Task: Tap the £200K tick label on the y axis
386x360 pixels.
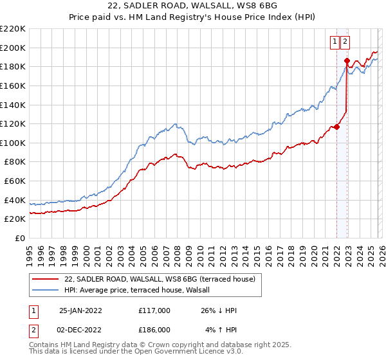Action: tap(13, 48)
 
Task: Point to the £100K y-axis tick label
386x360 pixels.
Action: tap(13, 143)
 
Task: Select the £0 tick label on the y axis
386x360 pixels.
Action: tap(19, 238)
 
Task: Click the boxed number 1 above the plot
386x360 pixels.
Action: tap(335, 42)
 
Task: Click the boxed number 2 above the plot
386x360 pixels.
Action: tap(345, 42)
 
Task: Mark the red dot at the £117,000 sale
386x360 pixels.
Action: tap(336, 127)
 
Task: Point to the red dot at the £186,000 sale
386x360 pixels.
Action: tap(347, 61)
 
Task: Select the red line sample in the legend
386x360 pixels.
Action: tap(46, 279)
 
